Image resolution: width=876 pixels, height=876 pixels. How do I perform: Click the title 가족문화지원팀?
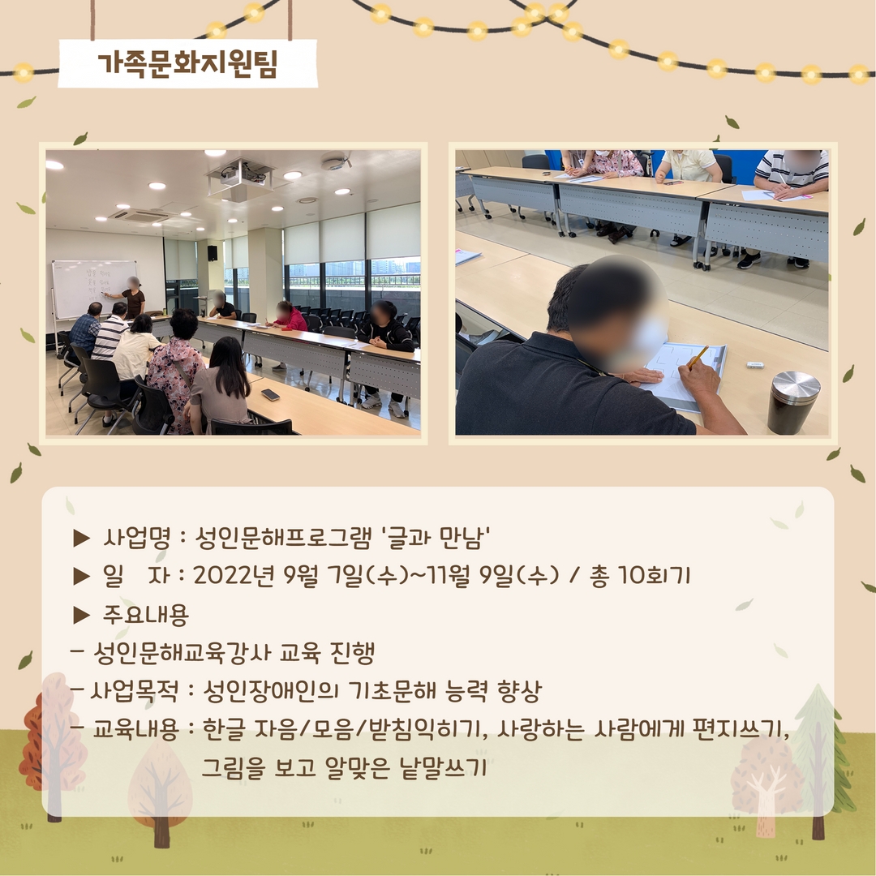point(187,64)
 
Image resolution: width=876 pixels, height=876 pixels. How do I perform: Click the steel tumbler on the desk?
point(794,403)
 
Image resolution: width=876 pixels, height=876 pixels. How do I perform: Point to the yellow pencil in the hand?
point(698,357)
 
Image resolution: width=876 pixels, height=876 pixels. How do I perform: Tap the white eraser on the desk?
point(755,365)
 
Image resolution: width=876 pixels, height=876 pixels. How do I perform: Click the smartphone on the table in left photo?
point(270,394)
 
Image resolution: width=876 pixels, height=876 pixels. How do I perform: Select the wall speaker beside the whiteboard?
point(213,253)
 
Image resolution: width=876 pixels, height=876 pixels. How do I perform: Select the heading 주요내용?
point(145,615)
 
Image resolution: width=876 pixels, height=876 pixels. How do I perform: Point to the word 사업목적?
point(134,691)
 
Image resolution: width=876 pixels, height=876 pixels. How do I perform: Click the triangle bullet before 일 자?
point(82,576)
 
